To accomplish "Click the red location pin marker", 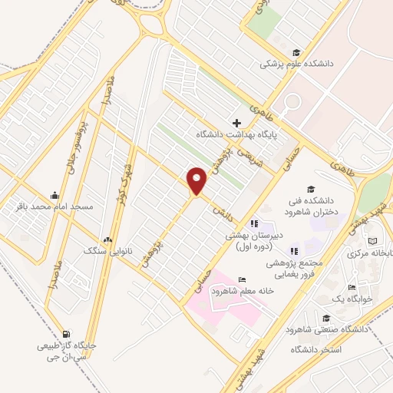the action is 197,180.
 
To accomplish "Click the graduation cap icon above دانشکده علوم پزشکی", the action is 296,52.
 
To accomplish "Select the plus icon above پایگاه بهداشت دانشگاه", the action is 236,123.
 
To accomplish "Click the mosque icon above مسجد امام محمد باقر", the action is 54,195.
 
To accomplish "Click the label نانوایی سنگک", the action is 107,251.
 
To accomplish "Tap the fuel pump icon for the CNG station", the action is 67,334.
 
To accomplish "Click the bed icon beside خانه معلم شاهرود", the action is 243,279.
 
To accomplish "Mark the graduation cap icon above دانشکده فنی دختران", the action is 310,189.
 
